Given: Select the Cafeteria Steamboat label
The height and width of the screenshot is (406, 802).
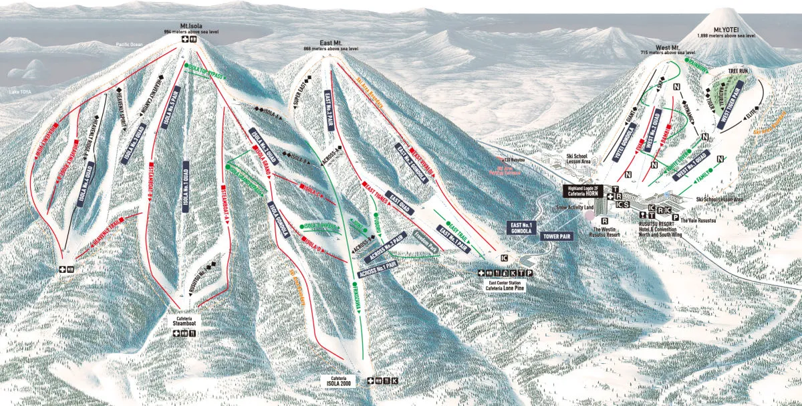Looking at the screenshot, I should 184,322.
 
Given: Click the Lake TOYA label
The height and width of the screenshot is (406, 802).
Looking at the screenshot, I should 20,90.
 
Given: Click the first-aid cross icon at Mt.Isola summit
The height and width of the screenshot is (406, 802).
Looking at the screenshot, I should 182,39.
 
